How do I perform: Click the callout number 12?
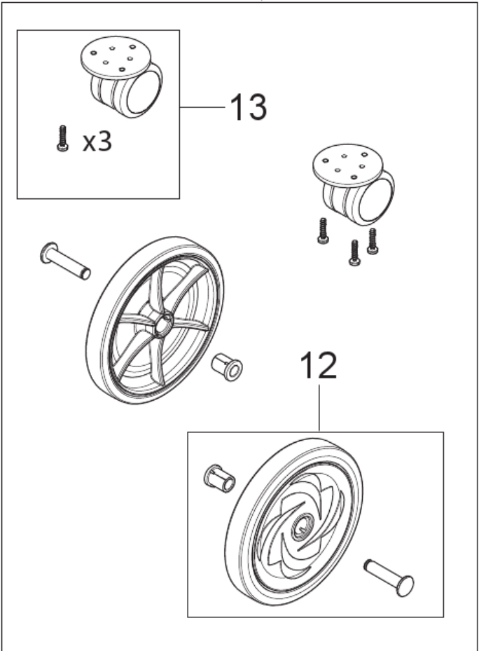click(x=319, y=366)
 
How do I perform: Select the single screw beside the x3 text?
click(x=62, y=139)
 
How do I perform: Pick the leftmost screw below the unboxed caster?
click(x=323, y=231)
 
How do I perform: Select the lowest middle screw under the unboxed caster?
click(x=354, y=253)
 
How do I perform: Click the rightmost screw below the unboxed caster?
click(x=373, y=241)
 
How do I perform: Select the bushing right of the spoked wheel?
click(x=227, y=365)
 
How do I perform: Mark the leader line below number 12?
click(x=319, y=406)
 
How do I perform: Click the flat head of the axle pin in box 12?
click(x=405, y=585)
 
